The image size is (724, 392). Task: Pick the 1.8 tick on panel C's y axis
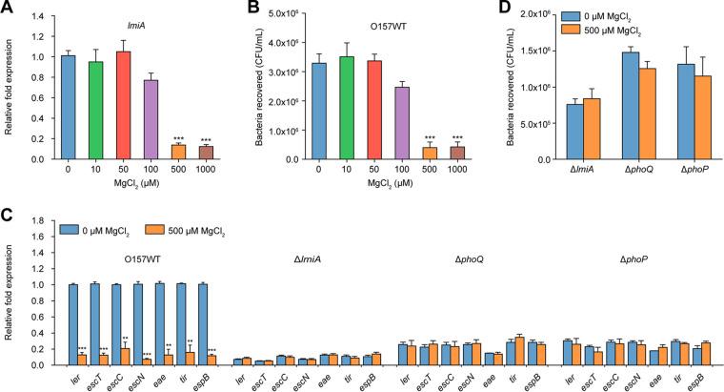pyautogui.click(x=45, y=221)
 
